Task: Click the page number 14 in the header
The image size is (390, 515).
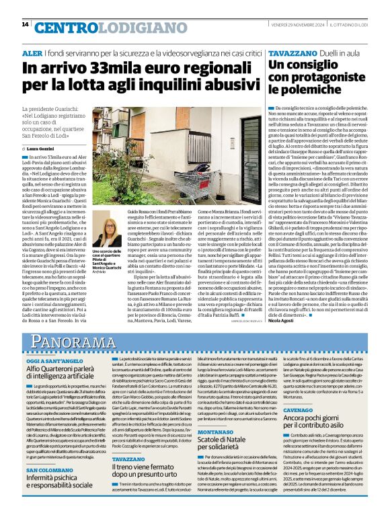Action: coord(25,24)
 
